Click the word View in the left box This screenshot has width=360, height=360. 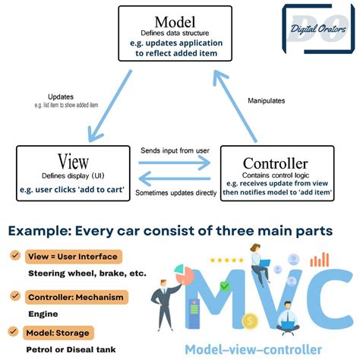[x=56, y=161]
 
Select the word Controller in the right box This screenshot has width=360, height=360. [x=276, y=163]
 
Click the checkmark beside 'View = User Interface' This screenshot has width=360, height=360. [x=14, y=257]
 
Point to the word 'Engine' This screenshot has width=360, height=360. [x=43, y=312]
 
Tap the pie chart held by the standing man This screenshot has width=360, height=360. [x=180, y=270]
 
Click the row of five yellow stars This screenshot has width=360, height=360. [x=224, y=261]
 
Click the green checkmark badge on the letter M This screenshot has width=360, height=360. [x=224, y=286]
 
